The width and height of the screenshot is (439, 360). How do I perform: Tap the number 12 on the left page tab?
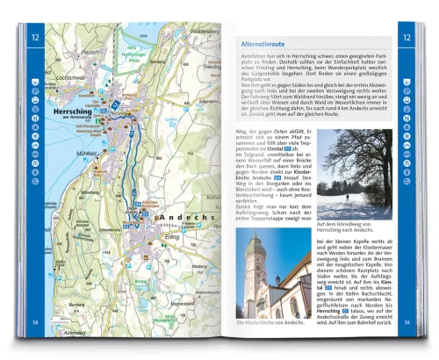pos(35,37)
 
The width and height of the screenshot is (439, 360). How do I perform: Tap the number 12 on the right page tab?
pos(407,37)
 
